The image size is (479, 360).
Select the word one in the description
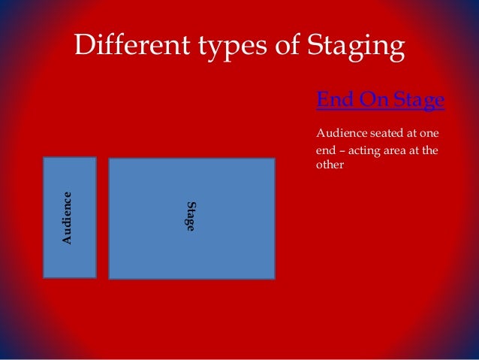(428, 134)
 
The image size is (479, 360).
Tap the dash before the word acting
(343, 150)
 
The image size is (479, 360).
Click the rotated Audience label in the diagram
(68, 218)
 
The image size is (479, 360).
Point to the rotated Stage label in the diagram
(191, 216)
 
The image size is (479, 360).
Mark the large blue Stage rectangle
(225, 248)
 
